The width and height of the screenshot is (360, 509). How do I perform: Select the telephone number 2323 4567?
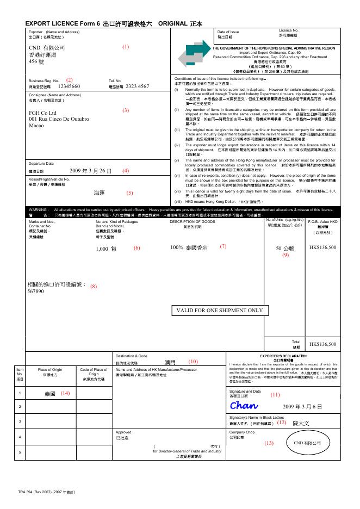tap(137, 86)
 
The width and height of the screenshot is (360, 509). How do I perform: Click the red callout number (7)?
tap(223, 246)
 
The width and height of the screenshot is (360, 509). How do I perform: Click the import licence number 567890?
tap(35, 291)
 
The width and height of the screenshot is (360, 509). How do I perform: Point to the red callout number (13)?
tap(269, 443)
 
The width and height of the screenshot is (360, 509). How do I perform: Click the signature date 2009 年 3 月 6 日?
tap(302, 407)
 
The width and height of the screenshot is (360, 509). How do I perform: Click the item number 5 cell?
tap(20, 452)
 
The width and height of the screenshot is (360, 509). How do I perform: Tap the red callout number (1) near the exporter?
tap(126, 47)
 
